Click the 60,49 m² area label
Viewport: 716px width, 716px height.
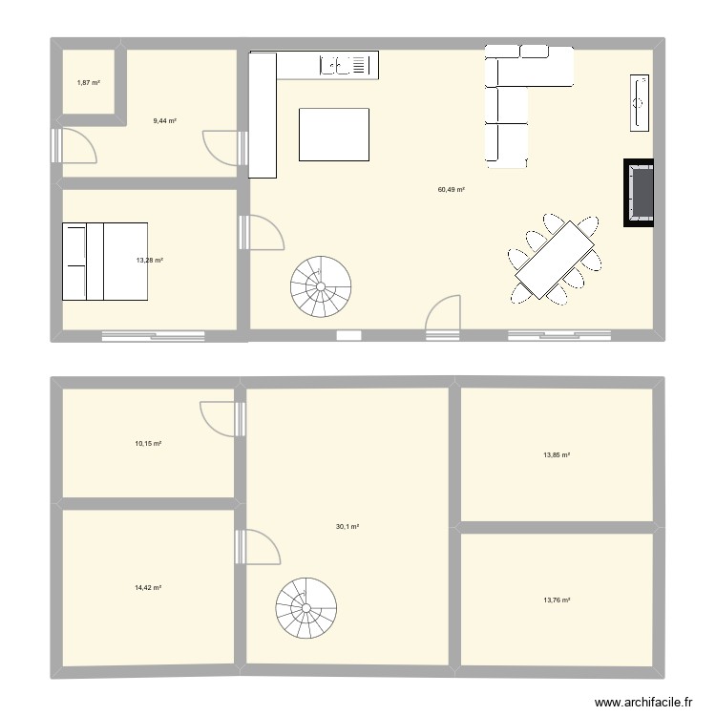tap(451, 190)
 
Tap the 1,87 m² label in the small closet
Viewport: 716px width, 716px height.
tap(89, 83)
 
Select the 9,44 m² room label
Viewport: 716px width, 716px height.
tap(164, 121)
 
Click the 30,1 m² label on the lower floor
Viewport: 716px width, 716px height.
tap(347, 527)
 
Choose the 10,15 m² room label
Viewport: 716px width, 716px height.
tap(148, 444)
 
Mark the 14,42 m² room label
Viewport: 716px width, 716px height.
tap(148, 588)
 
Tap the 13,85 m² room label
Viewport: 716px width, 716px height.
tap(557, 455)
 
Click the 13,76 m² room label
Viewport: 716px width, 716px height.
tap(557, 600)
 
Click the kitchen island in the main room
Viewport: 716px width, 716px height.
tap(334, 135)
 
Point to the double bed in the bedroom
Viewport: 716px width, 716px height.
tap(105, 260)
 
